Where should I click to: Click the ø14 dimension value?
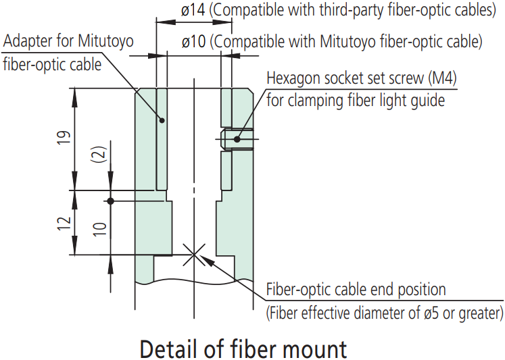193,10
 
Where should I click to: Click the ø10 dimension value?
193,41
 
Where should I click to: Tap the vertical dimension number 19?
64,138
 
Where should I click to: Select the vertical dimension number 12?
64,224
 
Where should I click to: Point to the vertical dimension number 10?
99,229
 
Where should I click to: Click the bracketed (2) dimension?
99,155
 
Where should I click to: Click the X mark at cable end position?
194,255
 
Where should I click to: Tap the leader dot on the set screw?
237,139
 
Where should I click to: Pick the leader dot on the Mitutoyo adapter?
162,120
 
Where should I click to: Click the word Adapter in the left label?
28,41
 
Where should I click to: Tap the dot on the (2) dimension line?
110,201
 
